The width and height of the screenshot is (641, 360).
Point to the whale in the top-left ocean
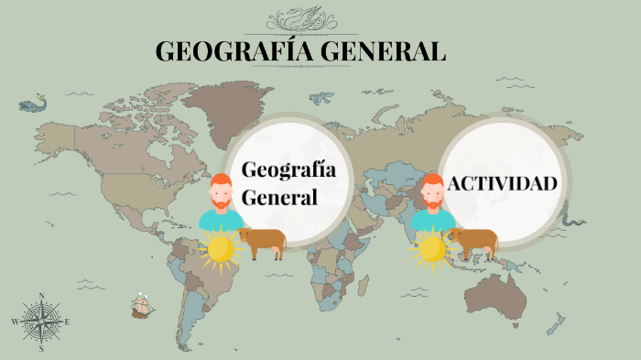pyautogui.click(x=34, y=104)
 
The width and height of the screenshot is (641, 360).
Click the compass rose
pyautogui.click(x=41, y=322)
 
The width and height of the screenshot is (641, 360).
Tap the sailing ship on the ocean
pyautogui.click(x=141, y=305)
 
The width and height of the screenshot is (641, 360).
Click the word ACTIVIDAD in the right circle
pyautogui.click(x=502, y=183)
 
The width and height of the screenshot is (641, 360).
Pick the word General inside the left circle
pyautogui.click(x=279, y=197)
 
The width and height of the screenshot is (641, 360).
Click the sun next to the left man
pyautogui.click(x=219, y=249)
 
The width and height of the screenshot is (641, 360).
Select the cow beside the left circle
pyautogui.click(x=263, y=243)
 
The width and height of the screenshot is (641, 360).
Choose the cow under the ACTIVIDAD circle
pyautogui.click(x=473, y=243)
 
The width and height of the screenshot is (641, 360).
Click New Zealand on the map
pyautogui.click(x=557, y=322)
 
